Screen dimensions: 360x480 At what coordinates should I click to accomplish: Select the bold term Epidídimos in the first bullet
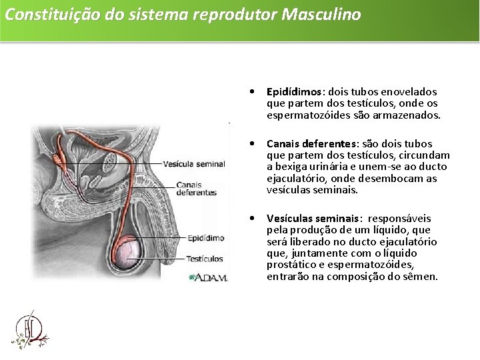pos(293,91)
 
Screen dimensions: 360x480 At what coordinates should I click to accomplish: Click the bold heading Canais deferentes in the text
pos(311,143)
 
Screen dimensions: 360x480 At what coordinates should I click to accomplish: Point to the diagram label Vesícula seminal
pos(194,163)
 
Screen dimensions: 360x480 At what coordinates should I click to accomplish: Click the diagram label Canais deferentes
pos(196,189)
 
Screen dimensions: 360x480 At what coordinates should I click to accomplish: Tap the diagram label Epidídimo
pos(205,237)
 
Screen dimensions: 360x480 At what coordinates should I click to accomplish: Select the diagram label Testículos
pos(205,259)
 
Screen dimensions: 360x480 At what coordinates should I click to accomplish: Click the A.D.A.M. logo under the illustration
pos(209,277)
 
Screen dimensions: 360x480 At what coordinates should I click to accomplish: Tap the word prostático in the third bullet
pos(291,265)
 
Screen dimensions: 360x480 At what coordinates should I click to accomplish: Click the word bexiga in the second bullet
pos(290,167)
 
